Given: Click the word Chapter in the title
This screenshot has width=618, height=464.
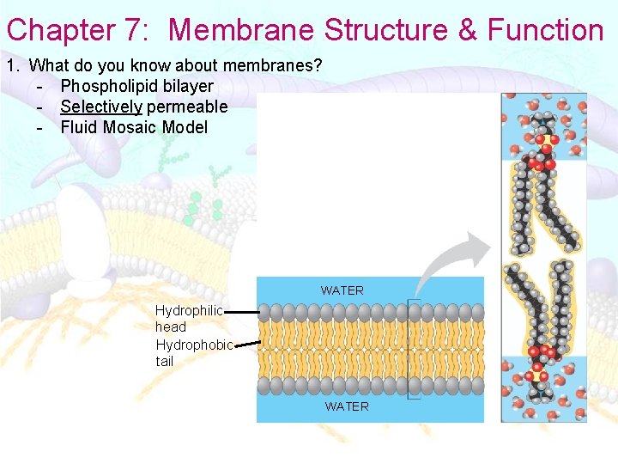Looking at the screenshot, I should (x=61, y=30).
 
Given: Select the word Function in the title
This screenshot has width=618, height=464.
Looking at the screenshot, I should (x=545, y=30).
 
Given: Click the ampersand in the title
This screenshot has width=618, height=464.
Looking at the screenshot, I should (x=468, y=30).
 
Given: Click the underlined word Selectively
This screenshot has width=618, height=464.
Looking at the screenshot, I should (x=100, y=107).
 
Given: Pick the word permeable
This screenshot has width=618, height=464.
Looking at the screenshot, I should (x=187, y=107).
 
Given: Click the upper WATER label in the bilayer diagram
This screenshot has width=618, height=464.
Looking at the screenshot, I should (x=342, y=290).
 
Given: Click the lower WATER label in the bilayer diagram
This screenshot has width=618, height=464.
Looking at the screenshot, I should (x=347, y=406).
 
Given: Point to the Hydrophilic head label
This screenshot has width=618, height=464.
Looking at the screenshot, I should (x=189, y=318).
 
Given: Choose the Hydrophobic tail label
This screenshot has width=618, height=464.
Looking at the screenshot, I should (x=194, y=352).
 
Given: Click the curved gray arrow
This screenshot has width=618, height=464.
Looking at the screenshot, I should (x=455, y=258).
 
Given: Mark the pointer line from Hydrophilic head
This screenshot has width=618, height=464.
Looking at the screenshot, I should (x=242, y=313).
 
